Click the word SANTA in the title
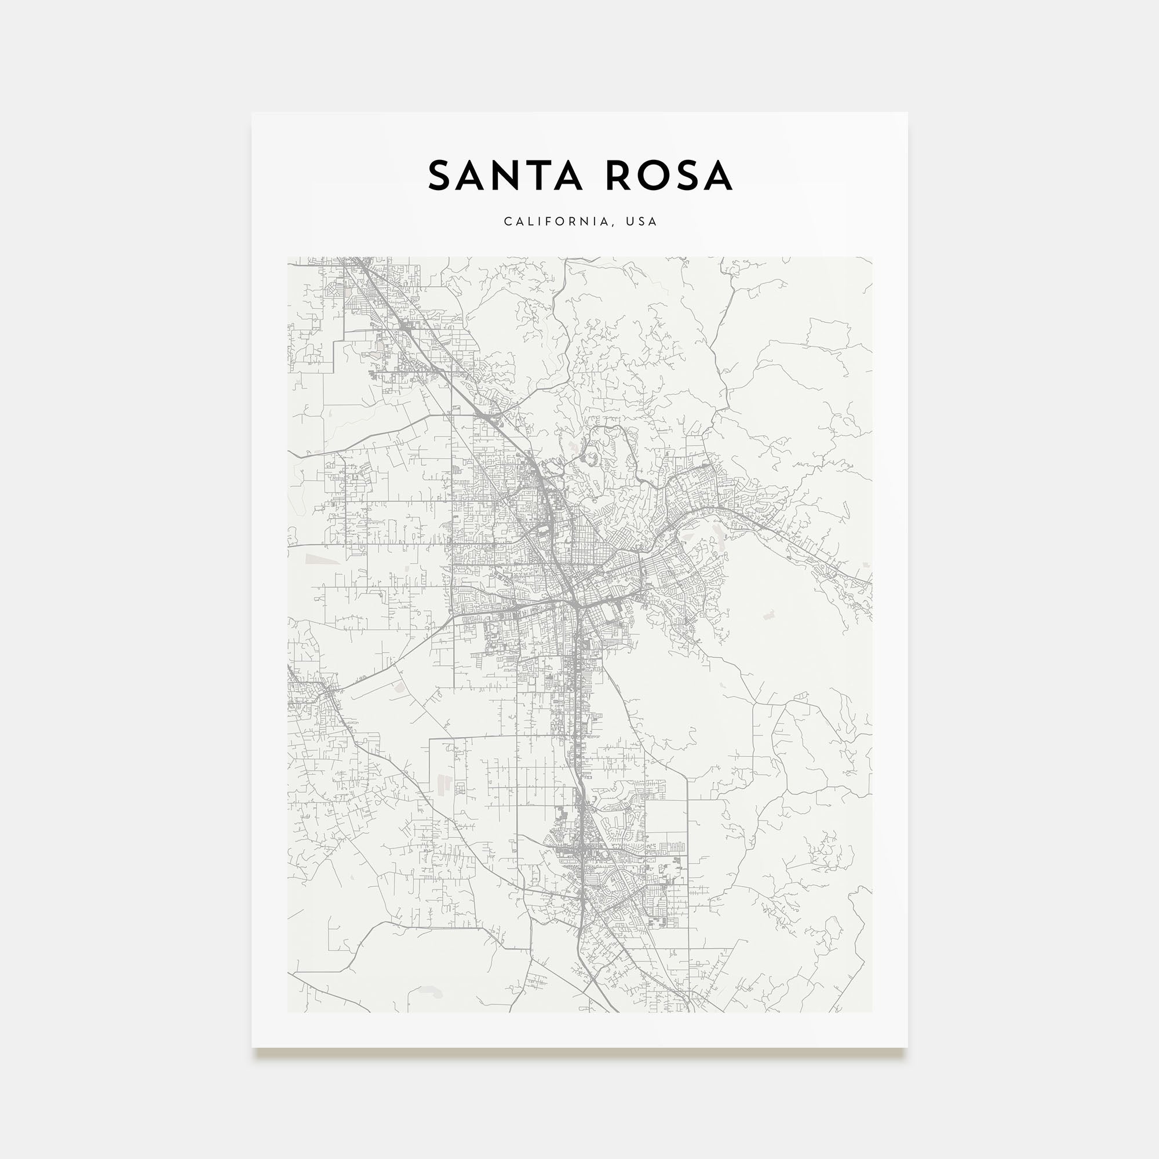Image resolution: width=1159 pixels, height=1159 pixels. click(505, 176)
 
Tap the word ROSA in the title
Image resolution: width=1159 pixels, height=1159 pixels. click(668, 176)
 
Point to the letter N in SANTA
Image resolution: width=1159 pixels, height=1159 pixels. click(505, 176)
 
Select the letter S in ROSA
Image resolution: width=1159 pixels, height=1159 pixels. click(686, 176)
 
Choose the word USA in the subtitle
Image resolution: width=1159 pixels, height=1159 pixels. click(642, 221)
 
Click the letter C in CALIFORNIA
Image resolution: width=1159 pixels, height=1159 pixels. click(508, 221)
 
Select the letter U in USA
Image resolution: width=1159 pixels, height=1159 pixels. click(629, 221)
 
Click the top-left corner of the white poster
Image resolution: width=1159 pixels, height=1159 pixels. click(252, 113)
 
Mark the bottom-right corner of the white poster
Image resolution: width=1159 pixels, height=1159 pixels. click(907, 1047)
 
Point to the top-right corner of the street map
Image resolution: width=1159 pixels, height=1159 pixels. click(872, 257)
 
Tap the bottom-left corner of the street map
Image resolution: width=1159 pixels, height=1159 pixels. click(288, 1012)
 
